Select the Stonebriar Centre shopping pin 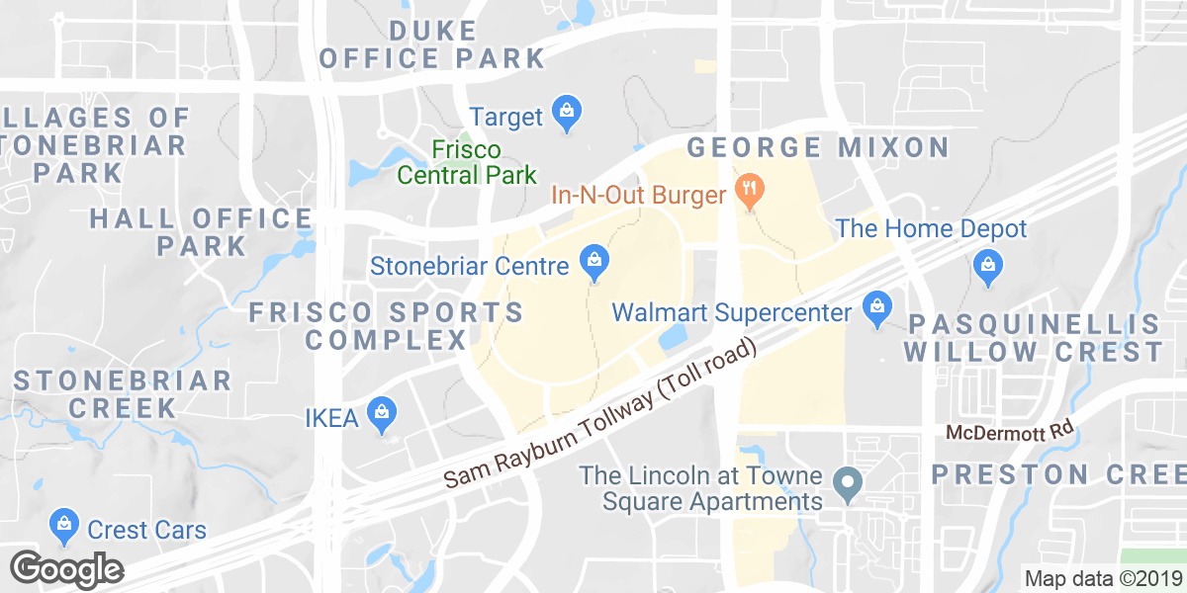593,262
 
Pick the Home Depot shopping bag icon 986,265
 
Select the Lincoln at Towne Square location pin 846,484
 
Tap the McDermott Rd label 1009,432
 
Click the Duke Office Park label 433,44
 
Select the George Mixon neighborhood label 818,148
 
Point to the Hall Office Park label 201,231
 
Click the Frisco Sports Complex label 386,326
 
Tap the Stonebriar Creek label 123,393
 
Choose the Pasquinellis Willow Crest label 1034,338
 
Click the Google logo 67,569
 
